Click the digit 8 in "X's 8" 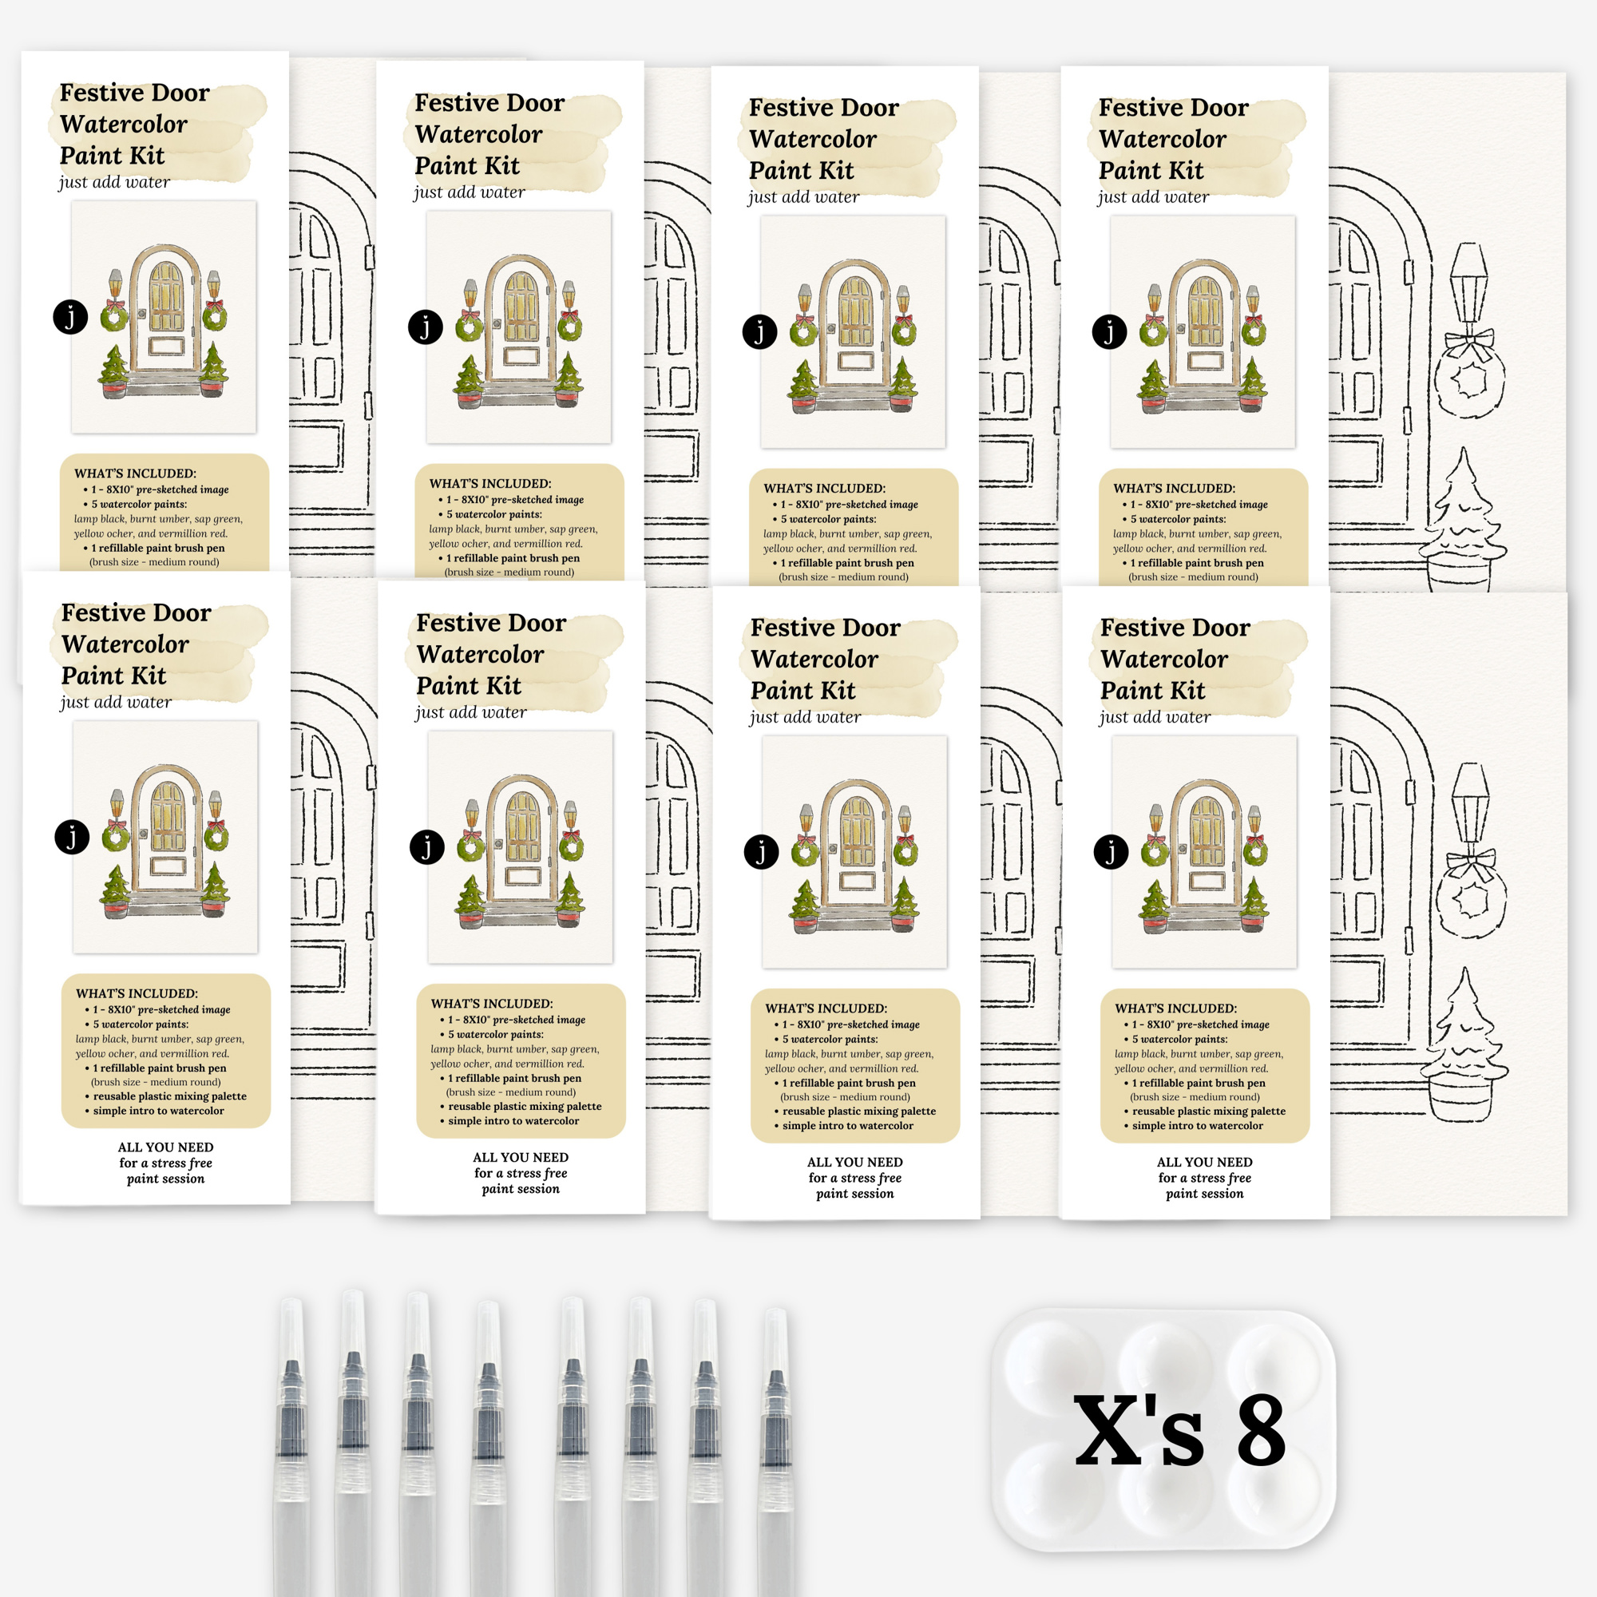click(x=1261, y=1430)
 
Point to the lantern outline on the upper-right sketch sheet click(x=1469, y=285)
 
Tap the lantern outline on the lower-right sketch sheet click(x=1471, y=806)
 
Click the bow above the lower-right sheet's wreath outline click(x=1471, y=863)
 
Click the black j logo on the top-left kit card click(x=70, y=316)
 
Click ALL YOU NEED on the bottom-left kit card click(x=165, y=1147)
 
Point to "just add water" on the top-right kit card click(x=1153, y=196)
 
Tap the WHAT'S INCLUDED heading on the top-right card click(x=1174, y=489)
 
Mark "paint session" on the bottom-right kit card click(x=1204, y=1194)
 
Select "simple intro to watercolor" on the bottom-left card click(x=158, y=1111)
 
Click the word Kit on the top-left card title click(x=145, y=156)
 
